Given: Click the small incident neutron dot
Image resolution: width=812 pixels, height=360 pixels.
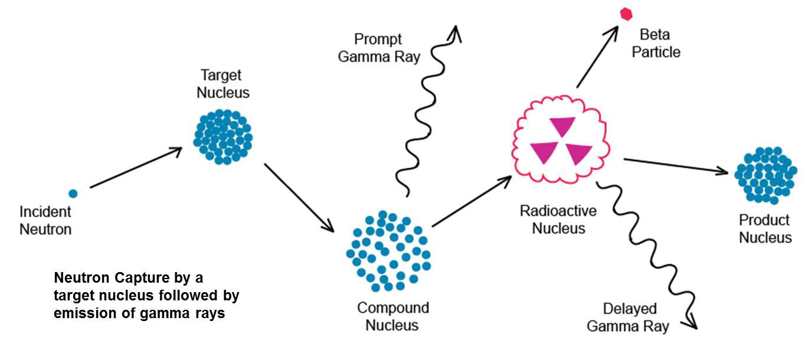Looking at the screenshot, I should [73, 193].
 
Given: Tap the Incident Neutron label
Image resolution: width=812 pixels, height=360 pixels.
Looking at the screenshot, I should [45, 220].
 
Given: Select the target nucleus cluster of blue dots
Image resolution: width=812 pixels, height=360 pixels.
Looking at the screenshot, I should [223, 137].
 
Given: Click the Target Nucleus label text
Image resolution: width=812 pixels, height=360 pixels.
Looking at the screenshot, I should [222, 84].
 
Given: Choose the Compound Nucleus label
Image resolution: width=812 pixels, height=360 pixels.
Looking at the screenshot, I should [392, 316].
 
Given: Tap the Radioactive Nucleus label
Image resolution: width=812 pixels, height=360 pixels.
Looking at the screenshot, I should [558, 219].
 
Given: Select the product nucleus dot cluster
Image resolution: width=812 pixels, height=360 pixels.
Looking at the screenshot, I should [766, 175].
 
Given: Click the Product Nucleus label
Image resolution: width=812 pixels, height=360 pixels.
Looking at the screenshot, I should [765, 229].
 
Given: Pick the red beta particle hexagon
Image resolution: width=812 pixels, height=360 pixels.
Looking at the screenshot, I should [626, 14].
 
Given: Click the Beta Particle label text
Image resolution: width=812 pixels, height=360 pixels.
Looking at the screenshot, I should [656, 43].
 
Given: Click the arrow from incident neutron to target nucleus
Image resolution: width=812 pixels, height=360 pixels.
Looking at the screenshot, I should [136, 168].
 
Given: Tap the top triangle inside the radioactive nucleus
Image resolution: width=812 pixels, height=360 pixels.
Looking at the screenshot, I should [562, 126].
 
